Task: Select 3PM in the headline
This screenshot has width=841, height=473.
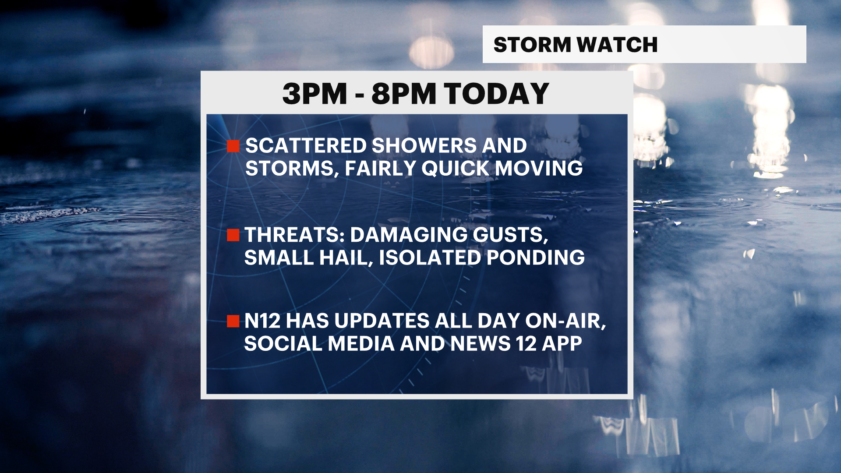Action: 314,94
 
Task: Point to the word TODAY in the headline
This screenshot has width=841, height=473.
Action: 497,94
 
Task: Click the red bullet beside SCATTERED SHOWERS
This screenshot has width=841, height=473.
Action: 233,146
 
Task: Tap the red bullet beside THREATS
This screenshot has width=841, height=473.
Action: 233,235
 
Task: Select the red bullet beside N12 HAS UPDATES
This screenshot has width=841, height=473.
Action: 233,321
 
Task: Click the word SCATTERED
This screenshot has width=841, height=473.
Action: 306,146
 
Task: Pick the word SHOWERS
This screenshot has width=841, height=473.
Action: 424,146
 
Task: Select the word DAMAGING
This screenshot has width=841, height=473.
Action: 409,235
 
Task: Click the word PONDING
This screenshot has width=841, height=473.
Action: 536,258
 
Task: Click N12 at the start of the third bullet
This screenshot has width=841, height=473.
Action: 262,321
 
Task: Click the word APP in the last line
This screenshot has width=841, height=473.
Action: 562,344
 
